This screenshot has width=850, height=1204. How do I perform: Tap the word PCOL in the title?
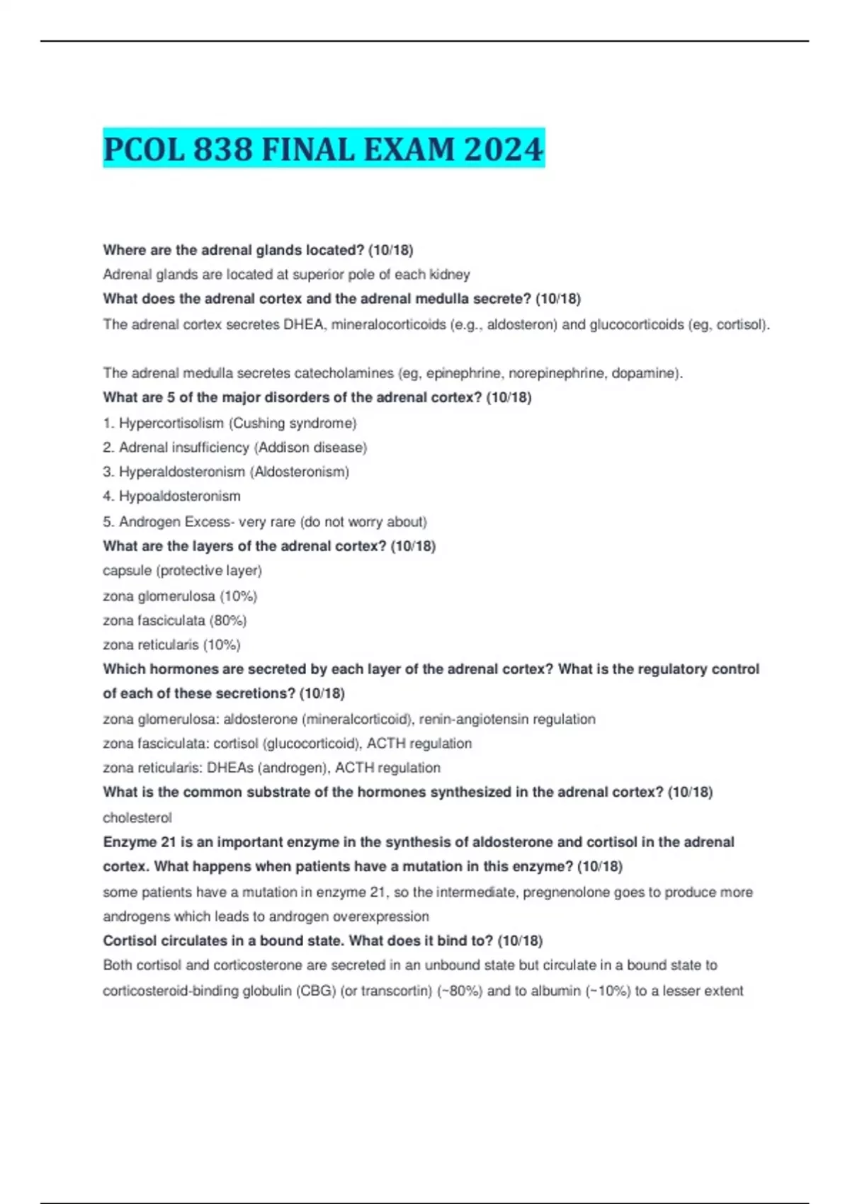pyautogui.click(x=144, y=149)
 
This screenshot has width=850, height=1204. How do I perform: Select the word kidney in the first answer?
pyautogui.click(x=447, y=274)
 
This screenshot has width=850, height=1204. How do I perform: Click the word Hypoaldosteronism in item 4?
pyautogui.click(x=180, y=496)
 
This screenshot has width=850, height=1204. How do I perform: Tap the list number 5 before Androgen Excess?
pyautogui.click(x=107, y=522)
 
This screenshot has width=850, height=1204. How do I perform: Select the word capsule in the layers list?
pyautogui.click(x=127, y=571)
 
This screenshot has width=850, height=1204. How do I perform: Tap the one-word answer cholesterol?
pyautogui.click(x=137, y=817)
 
